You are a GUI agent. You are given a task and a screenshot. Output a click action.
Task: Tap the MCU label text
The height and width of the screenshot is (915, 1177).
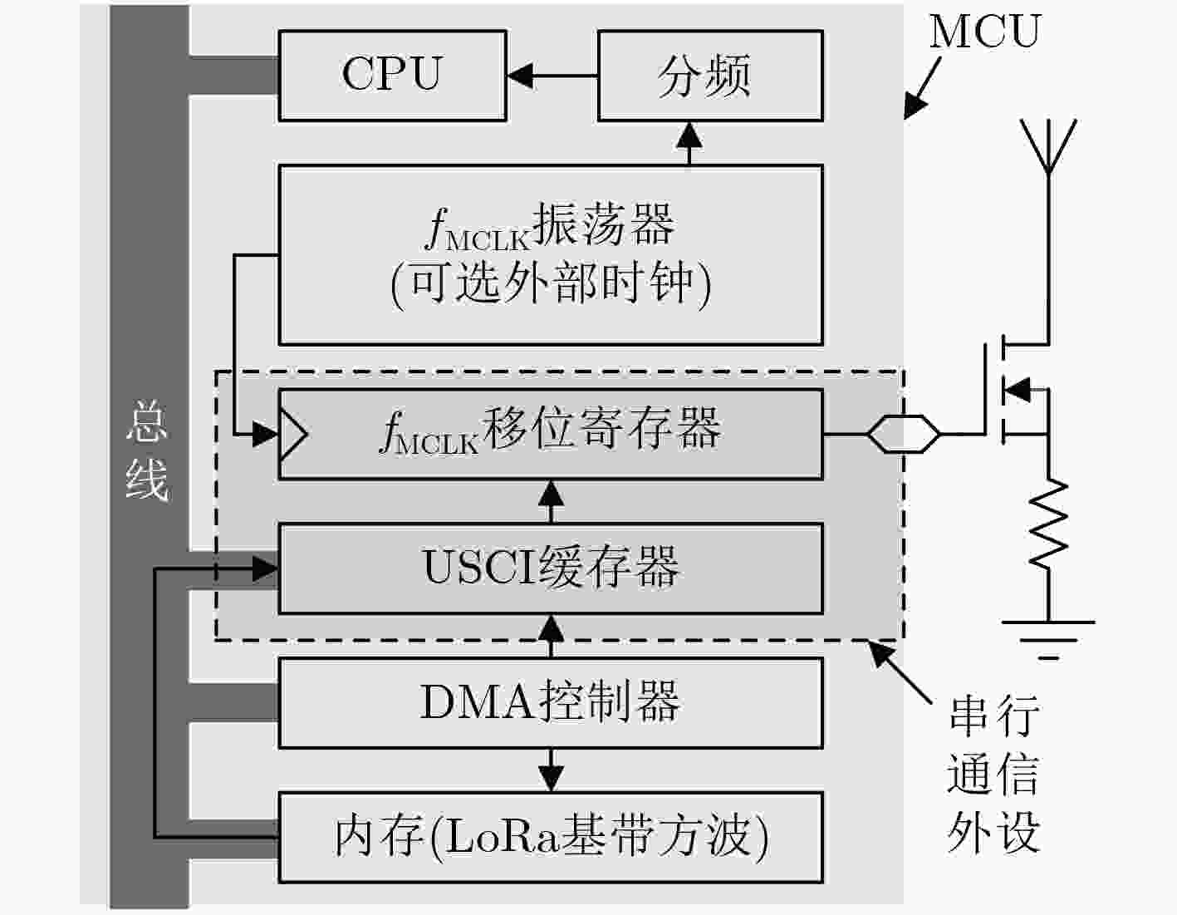pyautogui.click(x=985, y=32)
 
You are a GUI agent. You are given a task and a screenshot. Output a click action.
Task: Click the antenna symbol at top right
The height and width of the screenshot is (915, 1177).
pyautogui.click(x=1048, y=146)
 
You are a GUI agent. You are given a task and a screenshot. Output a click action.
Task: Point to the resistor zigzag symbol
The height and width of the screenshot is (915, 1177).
pyautogui.click(x=1048, y=524)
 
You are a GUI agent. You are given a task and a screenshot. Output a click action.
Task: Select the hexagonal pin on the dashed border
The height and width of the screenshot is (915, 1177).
pyautogui.click(x=904, y=434)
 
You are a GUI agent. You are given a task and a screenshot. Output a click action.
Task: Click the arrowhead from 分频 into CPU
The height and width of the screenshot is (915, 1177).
pyautogui.click(x=519, y=76)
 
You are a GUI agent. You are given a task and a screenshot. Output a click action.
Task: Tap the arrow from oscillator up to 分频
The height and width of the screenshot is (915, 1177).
pyautogui.click(x=689, y=143)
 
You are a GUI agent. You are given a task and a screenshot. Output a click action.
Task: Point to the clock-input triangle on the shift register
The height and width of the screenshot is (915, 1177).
pyautogui.click(x=293, y=434)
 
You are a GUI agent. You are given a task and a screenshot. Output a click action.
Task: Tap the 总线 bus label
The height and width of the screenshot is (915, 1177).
pyautogui.click(x=147, y=452)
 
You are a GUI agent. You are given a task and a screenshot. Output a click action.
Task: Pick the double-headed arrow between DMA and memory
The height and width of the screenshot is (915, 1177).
pyautogui.click(x=552, y=770)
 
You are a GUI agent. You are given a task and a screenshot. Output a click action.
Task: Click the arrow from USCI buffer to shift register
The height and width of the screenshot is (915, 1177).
pyautogui.click(x=552, y=501)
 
